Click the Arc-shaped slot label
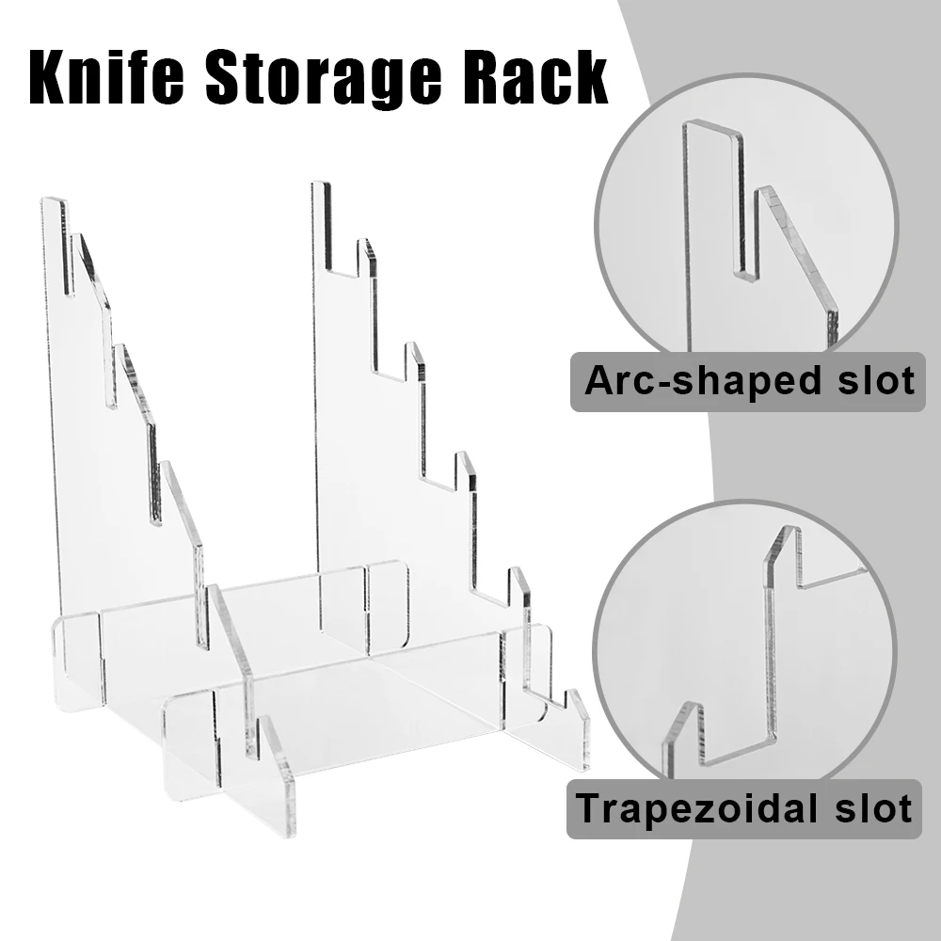[x=748, y=382]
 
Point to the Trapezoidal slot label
[x=744, y=808]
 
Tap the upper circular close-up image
[x=746, y=227]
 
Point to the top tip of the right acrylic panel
[x=321, y=183]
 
